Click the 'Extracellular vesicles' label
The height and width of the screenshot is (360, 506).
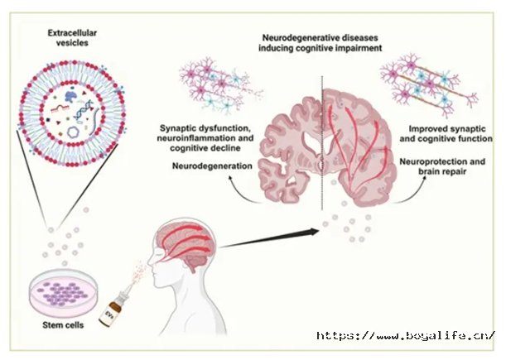72,38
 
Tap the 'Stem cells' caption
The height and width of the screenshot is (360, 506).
63,325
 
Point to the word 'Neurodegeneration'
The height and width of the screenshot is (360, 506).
212,166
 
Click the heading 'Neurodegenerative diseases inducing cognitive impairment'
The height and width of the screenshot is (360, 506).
320,43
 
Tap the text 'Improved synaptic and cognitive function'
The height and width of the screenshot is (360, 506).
446,133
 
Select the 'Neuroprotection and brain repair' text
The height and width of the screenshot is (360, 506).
442,166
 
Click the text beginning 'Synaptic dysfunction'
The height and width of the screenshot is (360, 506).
205,138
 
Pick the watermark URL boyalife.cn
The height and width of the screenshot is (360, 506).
405,335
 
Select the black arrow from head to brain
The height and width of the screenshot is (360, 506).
269,238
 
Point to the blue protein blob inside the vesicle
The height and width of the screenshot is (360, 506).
70,96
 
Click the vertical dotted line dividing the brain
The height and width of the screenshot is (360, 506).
321,143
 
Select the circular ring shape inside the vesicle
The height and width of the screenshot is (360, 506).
73,132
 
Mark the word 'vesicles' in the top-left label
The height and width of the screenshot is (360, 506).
72,43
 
